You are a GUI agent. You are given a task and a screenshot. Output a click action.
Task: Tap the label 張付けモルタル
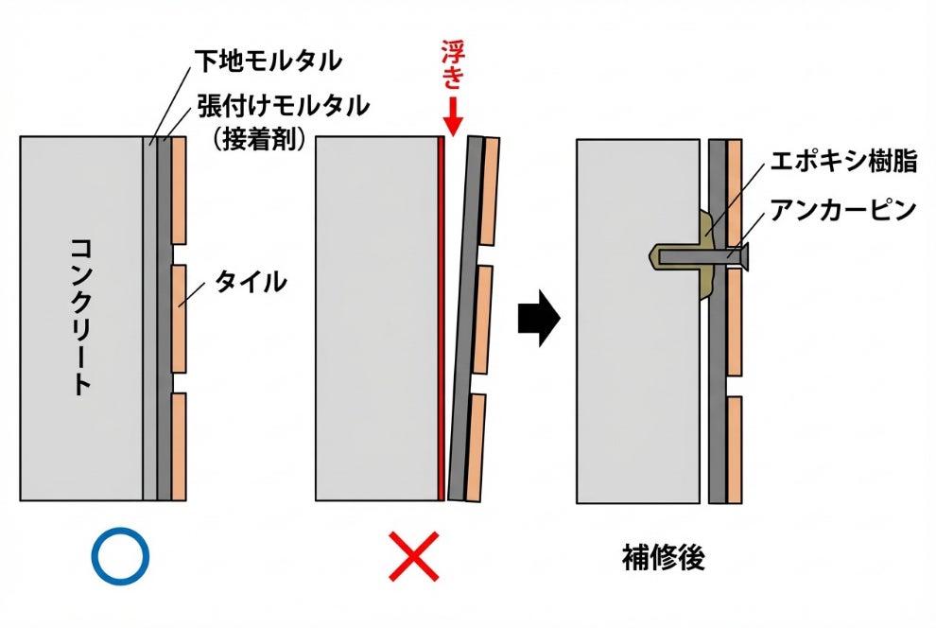(x=283, y=104)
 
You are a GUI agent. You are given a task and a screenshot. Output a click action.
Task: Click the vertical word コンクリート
(x=81, y=316)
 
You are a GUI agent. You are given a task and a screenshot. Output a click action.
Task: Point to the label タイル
(x=251, y=281)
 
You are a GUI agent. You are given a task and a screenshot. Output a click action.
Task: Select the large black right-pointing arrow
(x=539, y=320)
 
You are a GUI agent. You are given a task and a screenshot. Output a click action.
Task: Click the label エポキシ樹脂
(x=844, y=161)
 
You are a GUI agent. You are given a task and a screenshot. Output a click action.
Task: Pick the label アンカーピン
(x=844, y=210)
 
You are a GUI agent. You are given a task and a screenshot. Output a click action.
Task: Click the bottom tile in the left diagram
(x=179, y=445)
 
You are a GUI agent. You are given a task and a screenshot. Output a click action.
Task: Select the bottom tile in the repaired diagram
(x=735, y=447)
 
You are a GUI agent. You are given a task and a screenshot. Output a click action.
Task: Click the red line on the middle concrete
(x=441, y=322)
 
